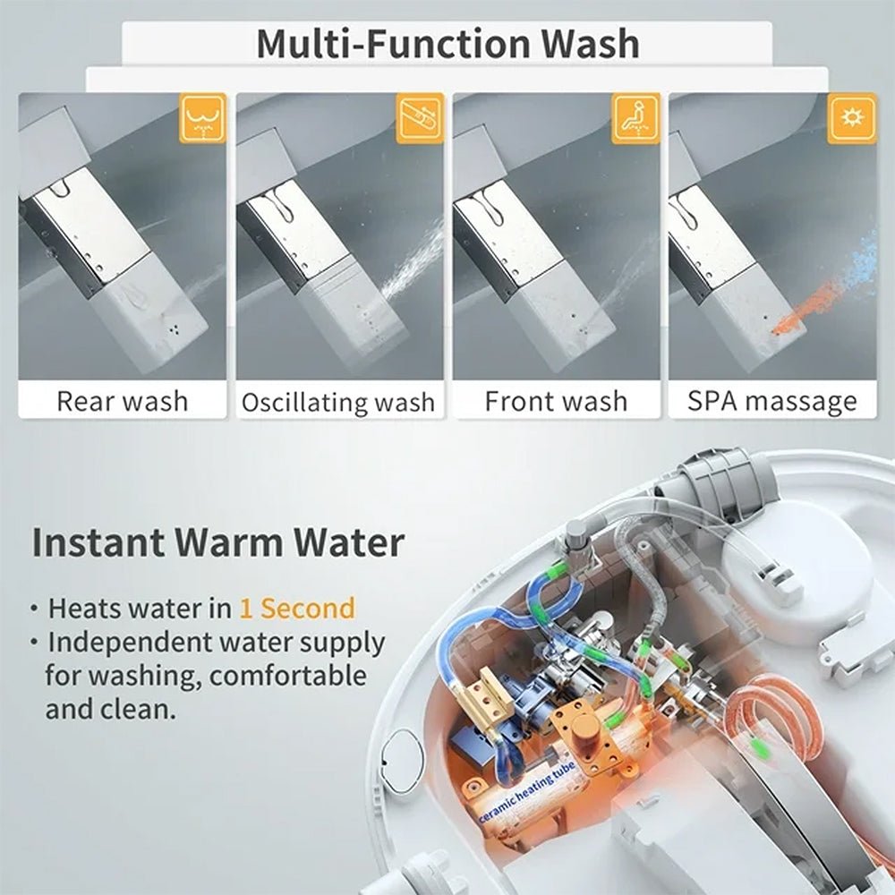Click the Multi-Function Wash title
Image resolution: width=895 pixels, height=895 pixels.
coord(447,44)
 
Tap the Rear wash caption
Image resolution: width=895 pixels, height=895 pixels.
coord(123,400)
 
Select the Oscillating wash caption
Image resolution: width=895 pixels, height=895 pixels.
coord(338,402)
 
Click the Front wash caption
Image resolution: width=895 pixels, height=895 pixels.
coord(556,400)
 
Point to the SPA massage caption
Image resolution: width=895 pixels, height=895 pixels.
coord(771,400)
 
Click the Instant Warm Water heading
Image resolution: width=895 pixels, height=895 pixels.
coord(217,543)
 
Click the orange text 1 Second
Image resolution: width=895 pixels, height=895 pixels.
coord(296,609)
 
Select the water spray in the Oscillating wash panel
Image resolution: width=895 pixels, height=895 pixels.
coord(412,264)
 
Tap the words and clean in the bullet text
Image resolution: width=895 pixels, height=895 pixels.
coord(109,710)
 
